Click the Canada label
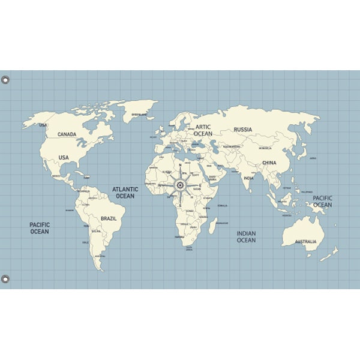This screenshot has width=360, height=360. [67, 134]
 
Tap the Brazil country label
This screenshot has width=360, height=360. [109, 219]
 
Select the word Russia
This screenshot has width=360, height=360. [243, 130]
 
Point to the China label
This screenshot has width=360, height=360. [269, 163]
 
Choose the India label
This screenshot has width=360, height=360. [248, 178]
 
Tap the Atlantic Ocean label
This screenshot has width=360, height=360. [125, 193]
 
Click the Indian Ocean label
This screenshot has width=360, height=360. [246, 237]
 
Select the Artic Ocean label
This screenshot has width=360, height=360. [203, 130]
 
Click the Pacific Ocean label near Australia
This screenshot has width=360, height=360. [322, 201]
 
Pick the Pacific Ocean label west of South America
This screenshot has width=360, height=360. [40, 228]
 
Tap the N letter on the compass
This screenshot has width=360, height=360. [179, 165]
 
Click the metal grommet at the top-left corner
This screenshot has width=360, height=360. [5, 79]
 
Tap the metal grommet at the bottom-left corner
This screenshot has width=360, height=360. [5, 279]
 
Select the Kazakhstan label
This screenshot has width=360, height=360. [232, 146]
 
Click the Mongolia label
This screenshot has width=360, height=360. [265, 148]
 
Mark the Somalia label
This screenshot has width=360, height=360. [222, 206]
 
